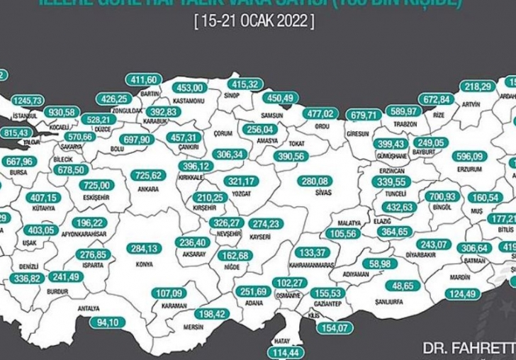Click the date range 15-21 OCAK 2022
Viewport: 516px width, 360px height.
point(253,22)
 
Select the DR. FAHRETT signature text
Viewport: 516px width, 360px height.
point(469,349)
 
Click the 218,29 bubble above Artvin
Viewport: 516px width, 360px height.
point(478,86)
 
